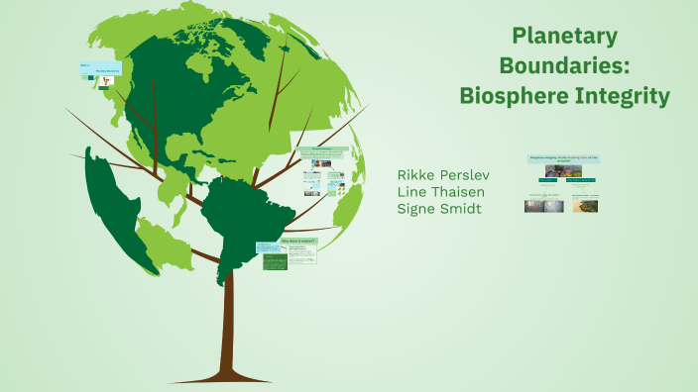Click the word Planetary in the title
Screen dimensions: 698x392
[x=564, y=37]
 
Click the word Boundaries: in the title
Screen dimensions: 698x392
[x=564, y=66]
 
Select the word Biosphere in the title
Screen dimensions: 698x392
[x=513, y=96]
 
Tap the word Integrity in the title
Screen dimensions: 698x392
[x=622, y=96]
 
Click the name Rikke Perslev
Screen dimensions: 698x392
[x=442, y=174]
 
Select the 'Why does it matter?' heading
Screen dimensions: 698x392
[x=298, y=242]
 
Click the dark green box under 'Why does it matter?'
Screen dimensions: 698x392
[x=275, y=262]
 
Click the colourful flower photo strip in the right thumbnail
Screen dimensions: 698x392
[x=563, y=171]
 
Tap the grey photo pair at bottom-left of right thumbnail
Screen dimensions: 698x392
[x=544, y=207]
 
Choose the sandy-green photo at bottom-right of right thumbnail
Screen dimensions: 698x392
[x=585, y=207]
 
